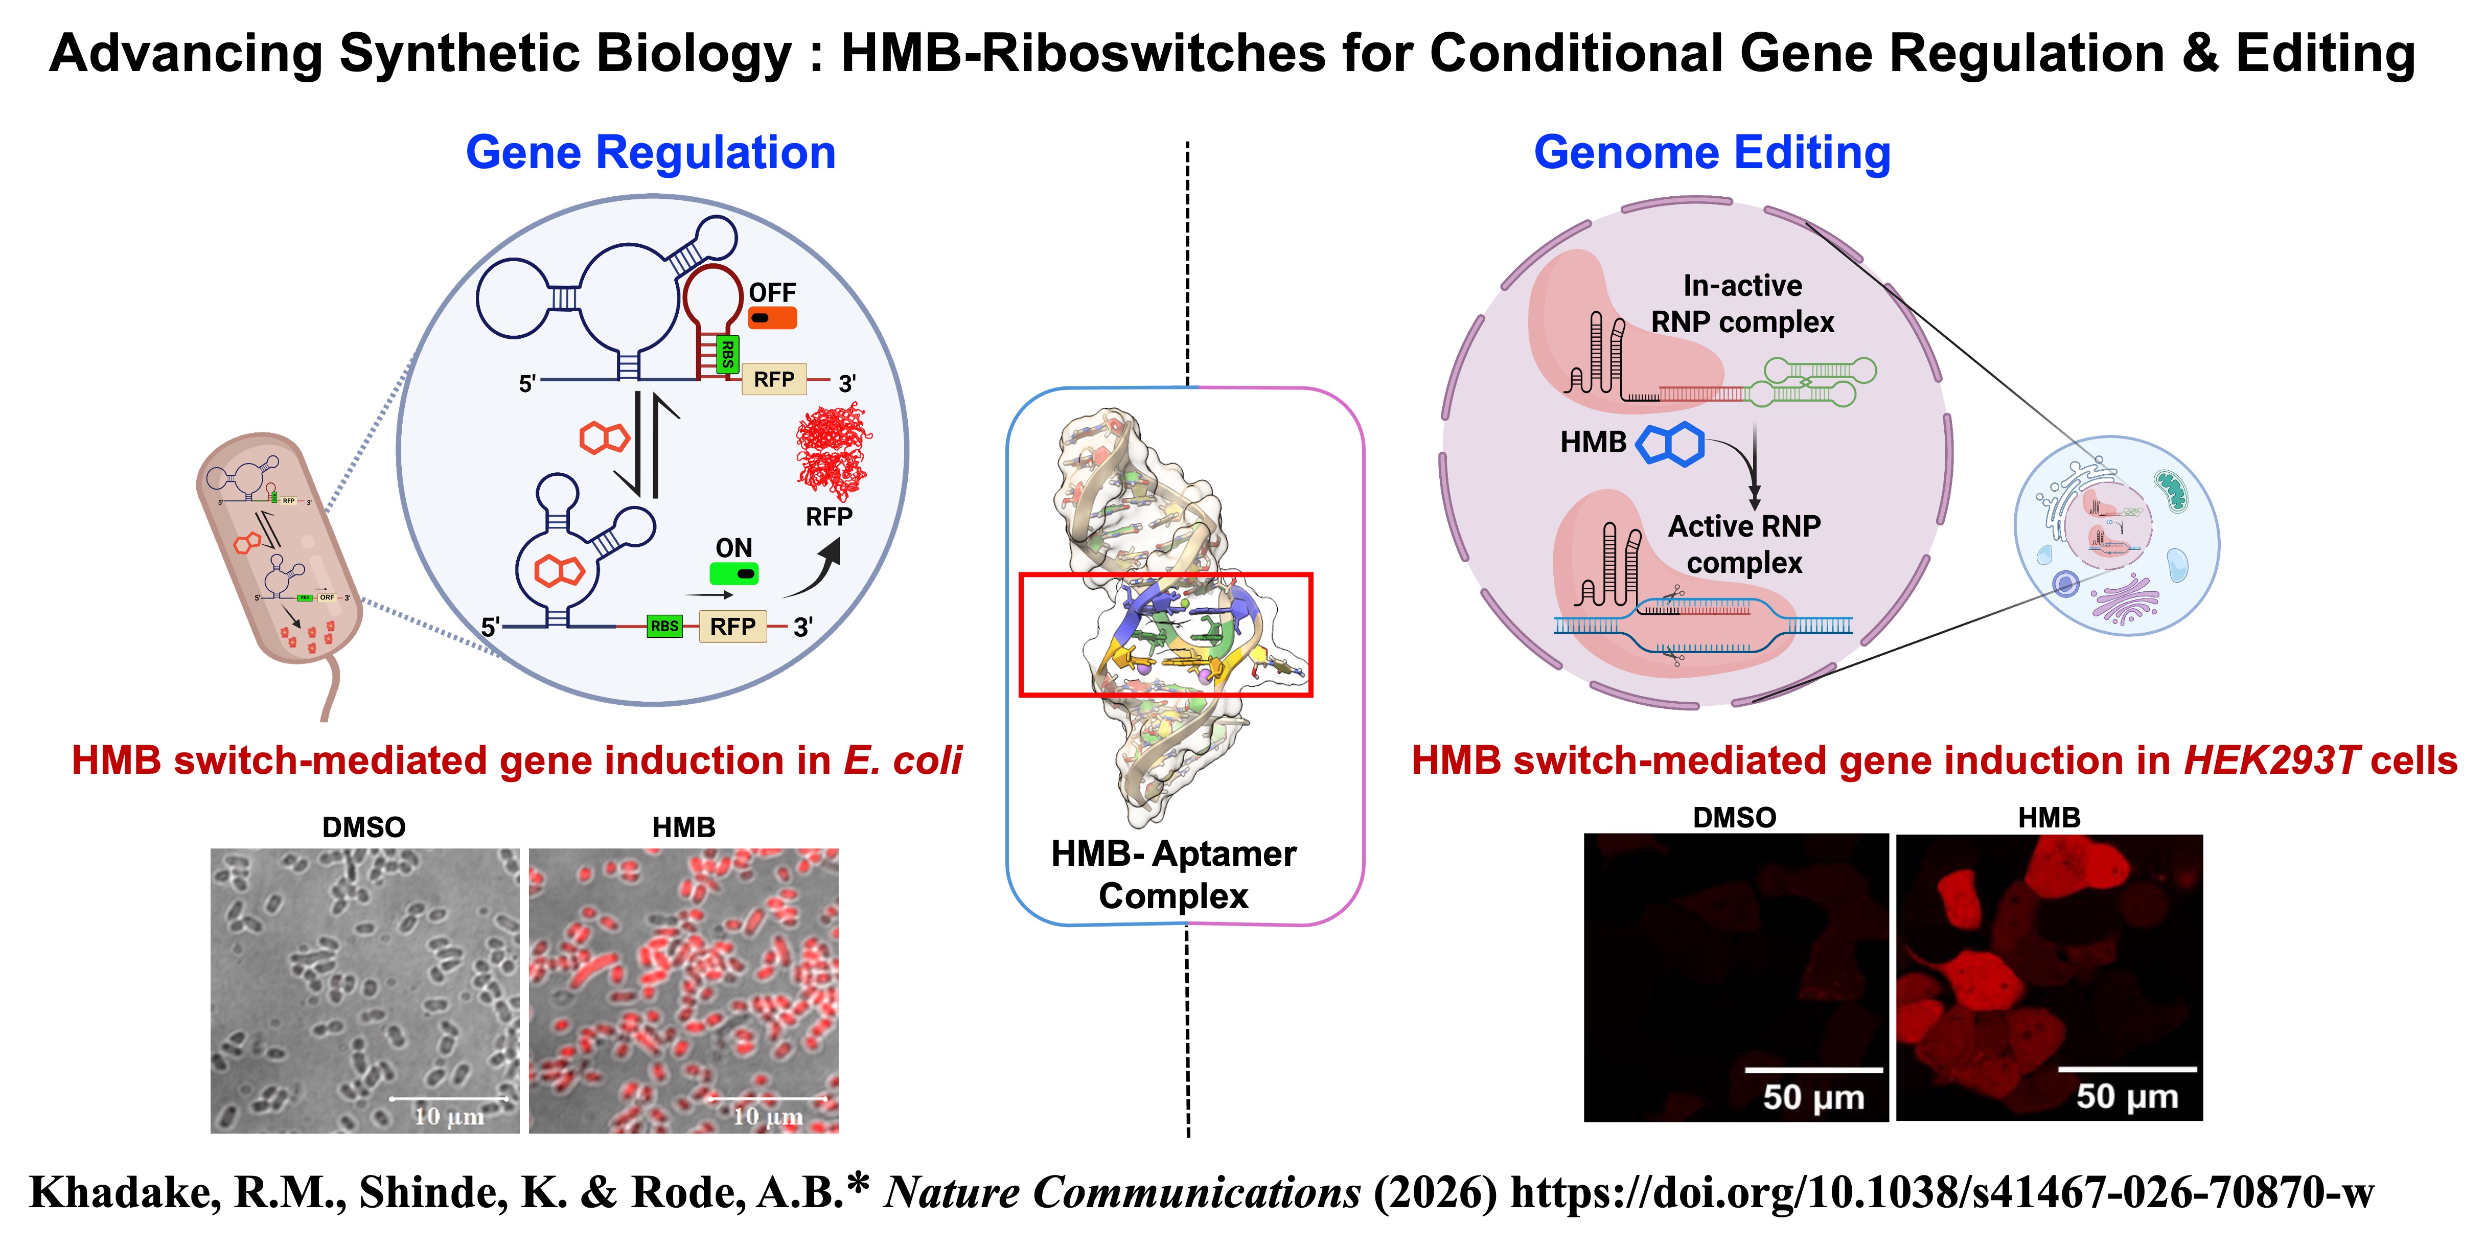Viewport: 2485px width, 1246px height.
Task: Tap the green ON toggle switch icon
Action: [x=733, y=574]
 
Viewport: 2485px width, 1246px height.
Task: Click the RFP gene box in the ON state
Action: [x=732, y=627]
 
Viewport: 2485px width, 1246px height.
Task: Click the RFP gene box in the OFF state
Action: [x=774, y=380]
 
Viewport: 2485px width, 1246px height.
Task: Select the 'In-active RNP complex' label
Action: [x=1742, y=304]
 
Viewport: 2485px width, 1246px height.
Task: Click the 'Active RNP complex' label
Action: [x=1744, y=544]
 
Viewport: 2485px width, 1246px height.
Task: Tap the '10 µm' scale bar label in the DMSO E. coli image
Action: [x=449, y=1117]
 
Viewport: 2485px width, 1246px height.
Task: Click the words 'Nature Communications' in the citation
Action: [x=1122, y=1193]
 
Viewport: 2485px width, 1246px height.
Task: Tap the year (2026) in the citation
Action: [x=1435, y=1193]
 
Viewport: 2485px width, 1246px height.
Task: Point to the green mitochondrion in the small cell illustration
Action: [x=2172, y=491]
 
